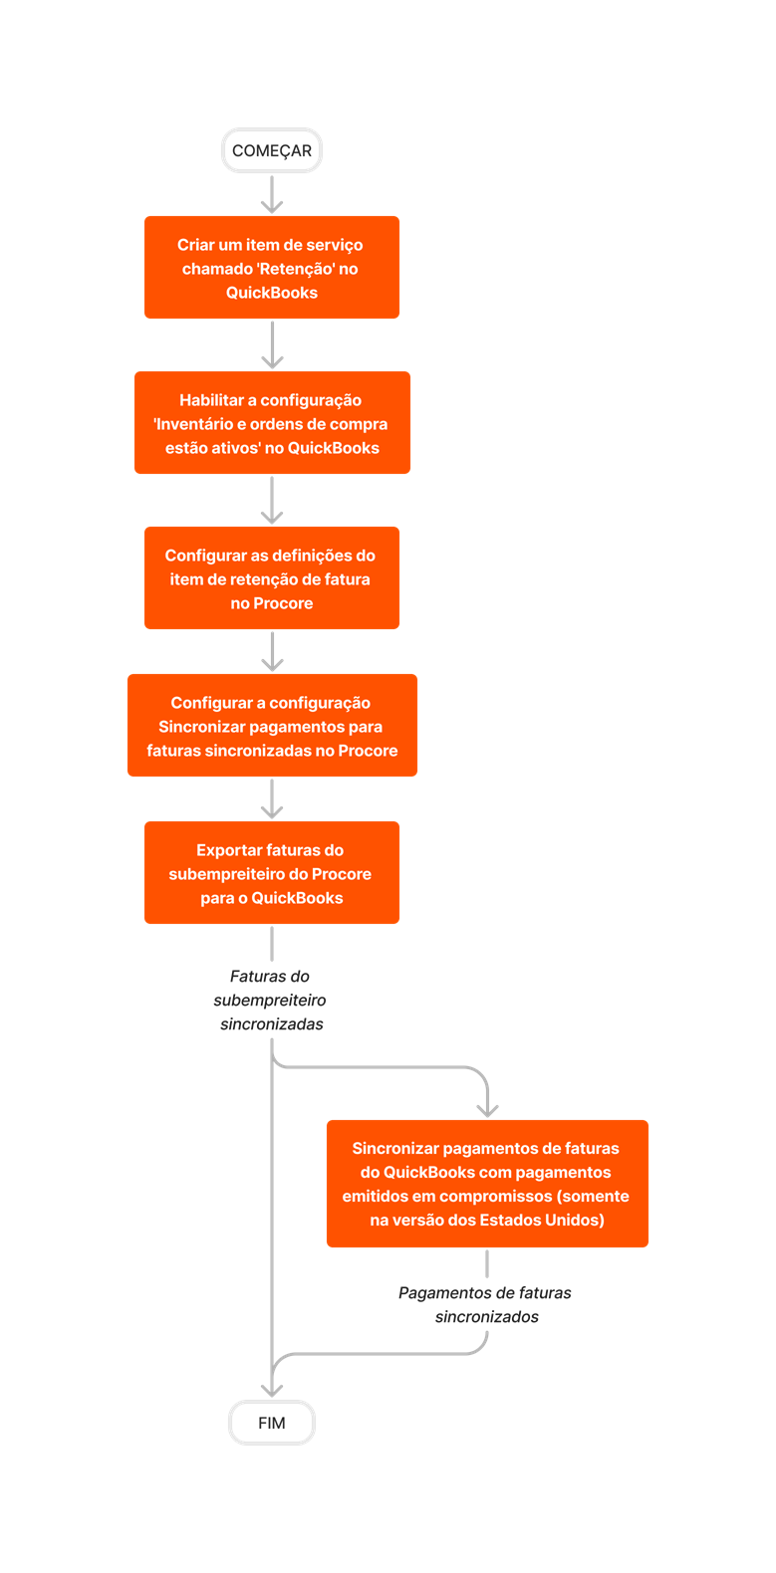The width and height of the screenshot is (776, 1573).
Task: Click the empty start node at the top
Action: click(x=272, y=150)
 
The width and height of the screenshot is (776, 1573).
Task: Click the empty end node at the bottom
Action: click(x=272, y=1423)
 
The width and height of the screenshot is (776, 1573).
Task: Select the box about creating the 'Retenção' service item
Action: click(x=272, y=268)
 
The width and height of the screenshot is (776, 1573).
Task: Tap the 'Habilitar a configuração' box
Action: click(x=272, y=423)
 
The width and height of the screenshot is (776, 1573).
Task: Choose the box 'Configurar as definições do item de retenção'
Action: click(x=272, y=578)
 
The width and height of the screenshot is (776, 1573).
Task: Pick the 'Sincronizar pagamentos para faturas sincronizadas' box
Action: click(x=272, y=726)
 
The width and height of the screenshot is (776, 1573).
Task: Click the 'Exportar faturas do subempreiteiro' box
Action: click(x=272, y=873)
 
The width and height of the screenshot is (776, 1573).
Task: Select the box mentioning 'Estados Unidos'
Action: click(x=487, y=1184)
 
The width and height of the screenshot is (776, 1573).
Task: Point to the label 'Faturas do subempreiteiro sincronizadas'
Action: click(x=270, y=1000)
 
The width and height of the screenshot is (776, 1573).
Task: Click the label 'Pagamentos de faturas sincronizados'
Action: click(x=486, y=1304)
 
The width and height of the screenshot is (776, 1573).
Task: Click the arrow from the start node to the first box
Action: click(x=272, y=194)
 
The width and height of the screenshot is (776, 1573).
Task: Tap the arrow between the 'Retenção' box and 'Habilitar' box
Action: click(x=272, y=345)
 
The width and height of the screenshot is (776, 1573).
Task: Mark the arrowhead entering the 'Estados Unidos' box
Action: click(x=487, y=1108)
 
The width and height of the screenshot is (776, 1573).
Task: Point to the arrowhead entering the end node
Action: click(x=272, y=1389)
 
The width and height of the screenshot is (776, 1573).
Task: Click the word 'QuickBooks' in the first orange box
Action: click(x=272, y=293)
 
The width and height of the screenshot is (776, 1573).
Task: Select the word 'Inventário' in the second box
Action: click(x=193, y=424)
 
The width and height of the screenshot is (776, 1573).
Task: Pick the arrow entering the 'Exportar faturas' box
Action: click(x=272, y=799)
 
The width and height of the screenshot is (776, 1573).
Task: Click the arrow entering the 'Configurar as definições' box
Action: click(x=272, y=501)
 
